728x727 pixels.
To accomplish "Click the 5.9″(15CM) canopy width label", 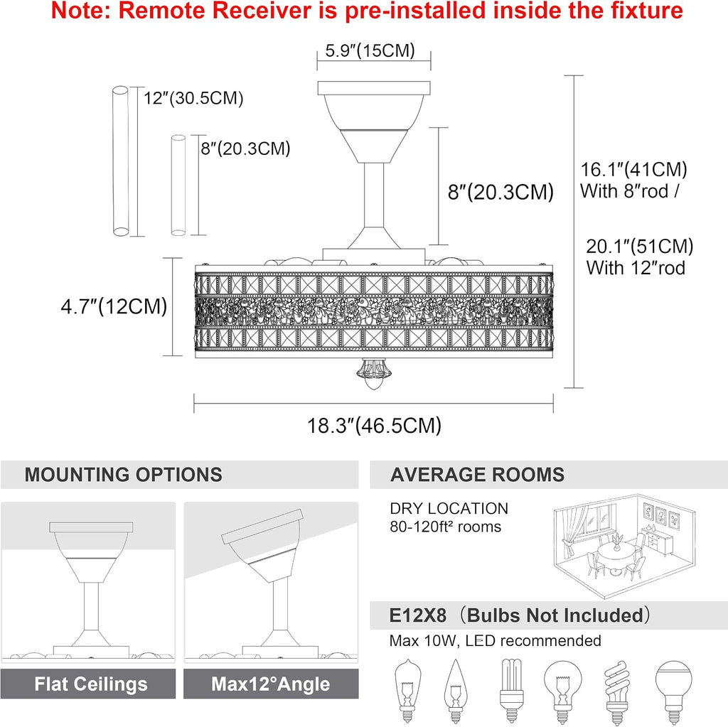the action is coord(370,50).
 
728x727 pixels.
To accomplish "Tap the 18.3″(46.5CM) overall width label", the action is coord(374,425).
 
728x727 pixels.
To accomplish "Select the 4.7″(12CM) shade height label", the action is coord(114,306).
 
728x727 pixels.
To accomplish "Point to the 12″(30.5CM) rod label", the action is coord(193,98).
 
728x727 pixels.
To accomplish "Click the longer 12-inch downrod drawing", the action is coord(121,161).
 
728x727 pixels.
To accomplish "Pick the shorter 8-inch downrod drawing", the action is coord(178,185).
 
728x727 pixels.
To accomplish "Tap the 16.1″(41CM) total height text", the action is coord(633,169).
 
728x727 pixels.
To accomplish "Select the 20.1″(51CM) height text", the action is coord(639,246).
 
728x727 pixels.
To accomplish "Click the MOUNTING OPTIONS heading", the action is coord(124,475).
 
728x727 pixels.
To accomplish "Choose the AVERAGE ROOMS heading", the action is coord(477,475).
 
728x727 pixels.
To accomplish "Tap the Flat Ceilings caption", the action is coord(91,684).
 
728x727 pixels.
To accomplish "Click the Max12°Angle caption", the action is coord(271,684).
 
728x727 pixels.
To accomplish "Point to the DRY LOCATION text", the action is coord(449,508).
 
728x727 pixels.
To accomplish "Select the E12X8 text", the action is coord(418,615).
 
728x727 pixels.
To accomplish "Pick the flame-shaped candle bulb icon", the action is coord(456,691).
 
